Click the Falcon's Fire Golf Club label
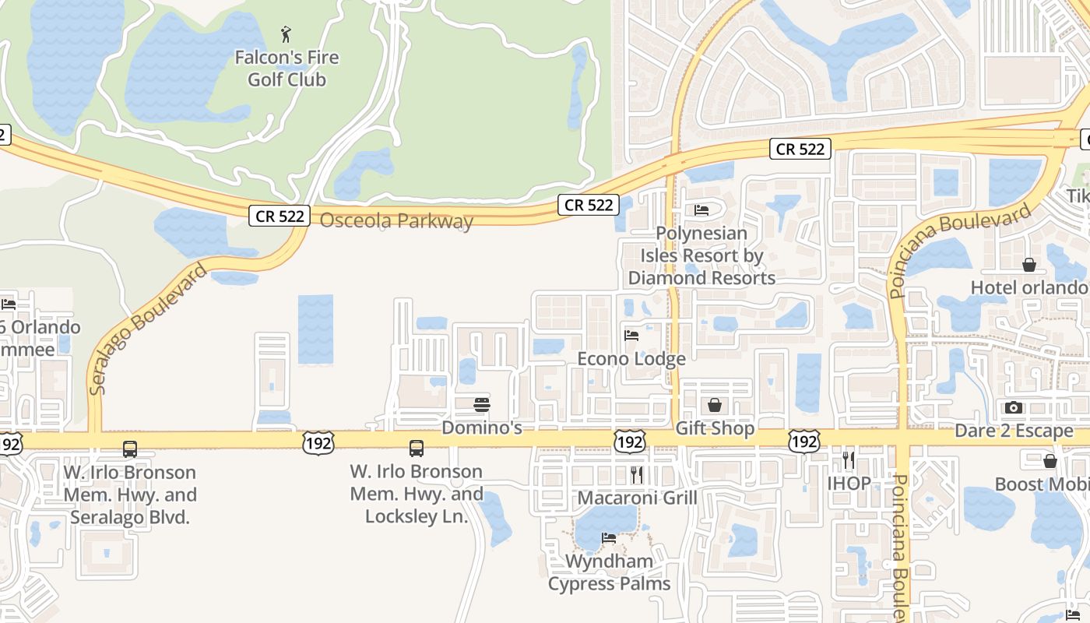coord(287,69)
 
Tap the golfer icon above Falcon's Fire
coord(287,34)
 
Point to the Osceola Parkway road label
coord(396,220)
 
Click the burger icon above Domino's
coord(482,405)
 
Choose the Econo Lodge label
coord(631,359)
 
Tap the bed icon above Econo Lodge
coord(631,336)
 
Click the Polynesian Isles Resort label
coord(701,255)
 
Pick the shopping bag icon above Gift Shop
coord(714,405)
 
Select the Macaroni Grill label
coord(637,498)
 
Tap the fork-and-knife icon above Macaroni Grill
coord(637,474)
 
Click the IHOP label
coord(849,483)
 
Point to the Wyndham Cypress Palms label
coord(609,572)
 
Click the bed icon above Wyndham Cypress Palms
coord(609,537)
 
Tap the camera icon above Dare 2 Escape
coord(1014,407)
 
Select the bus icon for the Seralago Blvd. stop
coord(130,449)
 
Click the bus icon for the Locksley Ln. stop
coord(417,449)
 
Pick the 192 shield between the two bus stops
coord(318,443)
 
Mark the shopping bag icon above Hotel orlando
coord(1029,265)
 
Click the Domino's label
coord(482,428)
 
